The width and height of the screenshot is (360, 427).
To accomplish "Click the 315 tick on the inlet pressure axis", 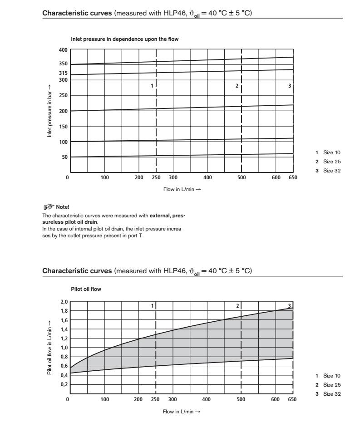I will click(x=63, y=73).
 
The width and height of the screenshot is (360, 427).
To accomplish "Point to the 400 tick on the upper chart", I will click(x=63, y=49).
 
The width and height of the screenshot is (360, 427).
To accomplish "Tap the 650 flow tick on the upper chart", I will click(x=293, y=177).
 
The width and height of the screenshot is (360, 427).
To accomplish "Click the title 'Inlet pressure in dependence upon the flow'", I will click(x=125, y=39).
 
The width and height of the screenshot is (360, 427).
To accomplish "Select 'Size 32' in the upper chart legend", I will click(x=331, y=171).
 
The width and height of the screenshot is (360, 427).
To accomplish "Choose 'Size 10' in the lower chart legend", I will click(x=331, y=376).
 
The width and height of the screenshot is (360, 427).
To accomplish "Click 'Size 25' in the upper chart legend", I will click(x=331, y=162).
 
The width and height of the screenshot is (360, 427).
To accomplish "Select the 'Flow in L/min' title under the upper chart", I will click(x=182, y=189).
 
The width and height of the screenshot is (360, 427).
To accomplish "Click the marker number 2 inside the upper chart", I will click(x=237, y=86).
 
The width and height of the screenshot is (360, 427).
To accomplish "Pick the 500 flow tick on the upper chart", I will click(x=241, y=177).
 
